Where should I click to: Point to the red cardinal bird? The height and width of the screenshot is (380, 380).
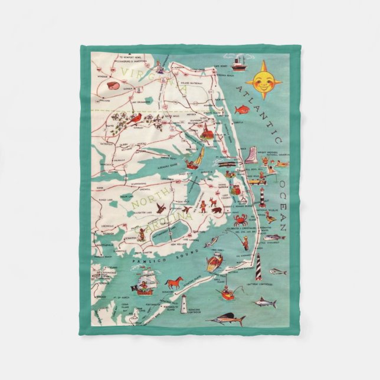(135, 120)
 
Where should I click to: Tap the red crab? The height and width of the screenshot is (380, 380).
(241, 220)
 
